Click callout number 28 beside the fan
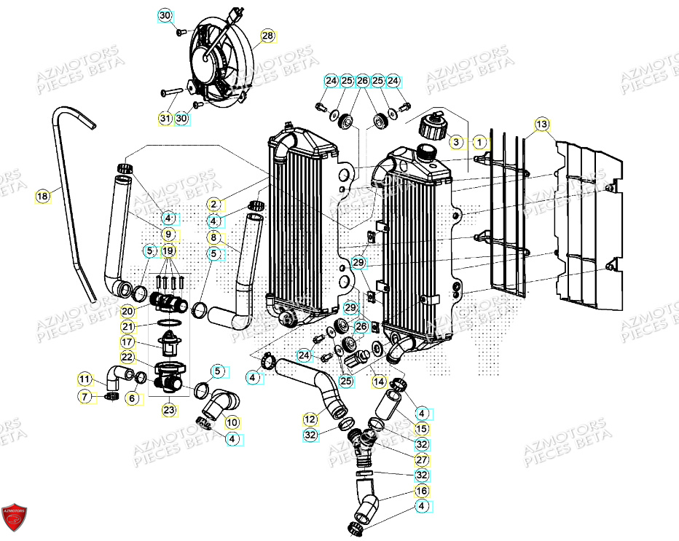267,36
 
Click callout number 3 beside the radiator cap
455,141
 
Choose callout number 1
479,141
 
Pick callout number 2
213,205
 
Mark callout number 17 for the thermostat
127,341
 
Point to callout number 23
168,409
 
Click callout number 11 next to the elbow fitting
85,379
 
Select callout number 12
310,419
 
